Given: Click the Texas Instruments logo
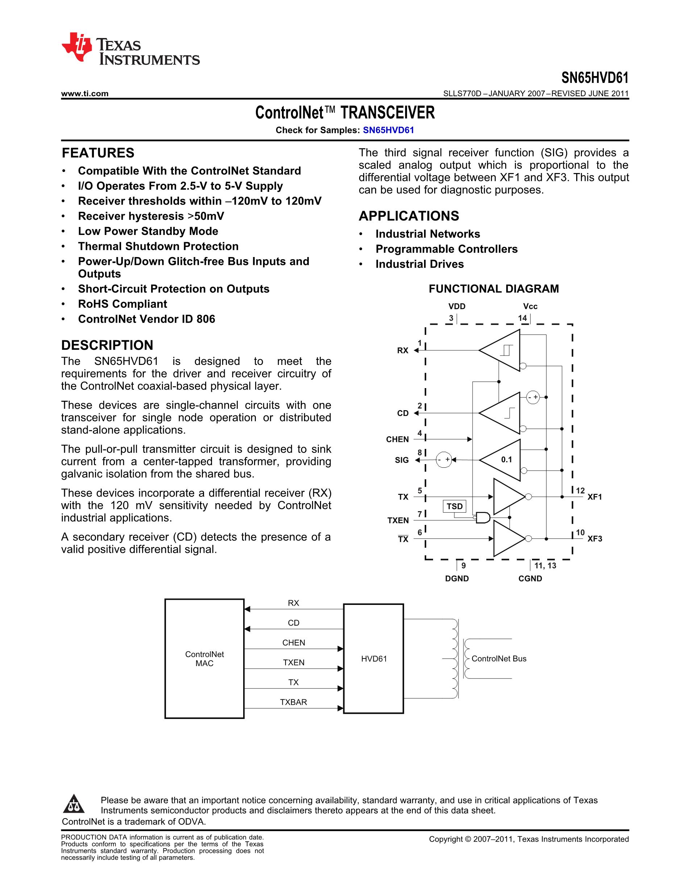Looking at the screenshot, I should [130, 49].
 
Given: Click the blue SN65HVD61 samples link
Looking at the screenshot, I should [388, 130].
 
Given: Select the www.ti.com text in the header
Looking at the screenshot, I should [84, 93].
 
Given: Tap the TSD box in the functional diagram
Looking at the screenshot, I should [454, 506].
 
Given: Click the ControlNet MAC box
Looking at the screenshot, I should [204, 659].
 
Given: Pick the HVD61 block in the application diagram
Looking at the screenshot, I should [374, 659].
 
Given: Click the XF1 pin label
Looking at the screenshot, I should [595, 497].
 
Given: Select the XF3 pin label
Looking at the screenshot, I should [595, 539].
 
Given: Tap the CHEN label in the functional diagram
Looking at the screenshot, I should [397, 439].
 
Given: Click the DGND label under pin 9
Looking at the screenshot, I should [457, 578].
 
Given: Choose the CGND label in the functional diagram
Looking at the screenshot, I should [530, 578].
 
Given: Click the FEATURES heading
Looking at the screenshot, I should [98, 153].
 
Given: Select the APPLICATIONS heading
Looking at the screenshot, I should [409, 216].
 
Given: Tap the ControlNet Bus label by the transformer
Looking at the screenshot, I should [499, 659].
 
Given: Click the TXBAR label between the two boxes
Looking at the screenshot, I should [294, 702].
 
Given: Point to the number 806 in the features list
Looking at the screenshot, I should [205, 319].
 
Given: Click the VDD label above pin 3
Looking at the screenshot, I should [457, 306].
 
